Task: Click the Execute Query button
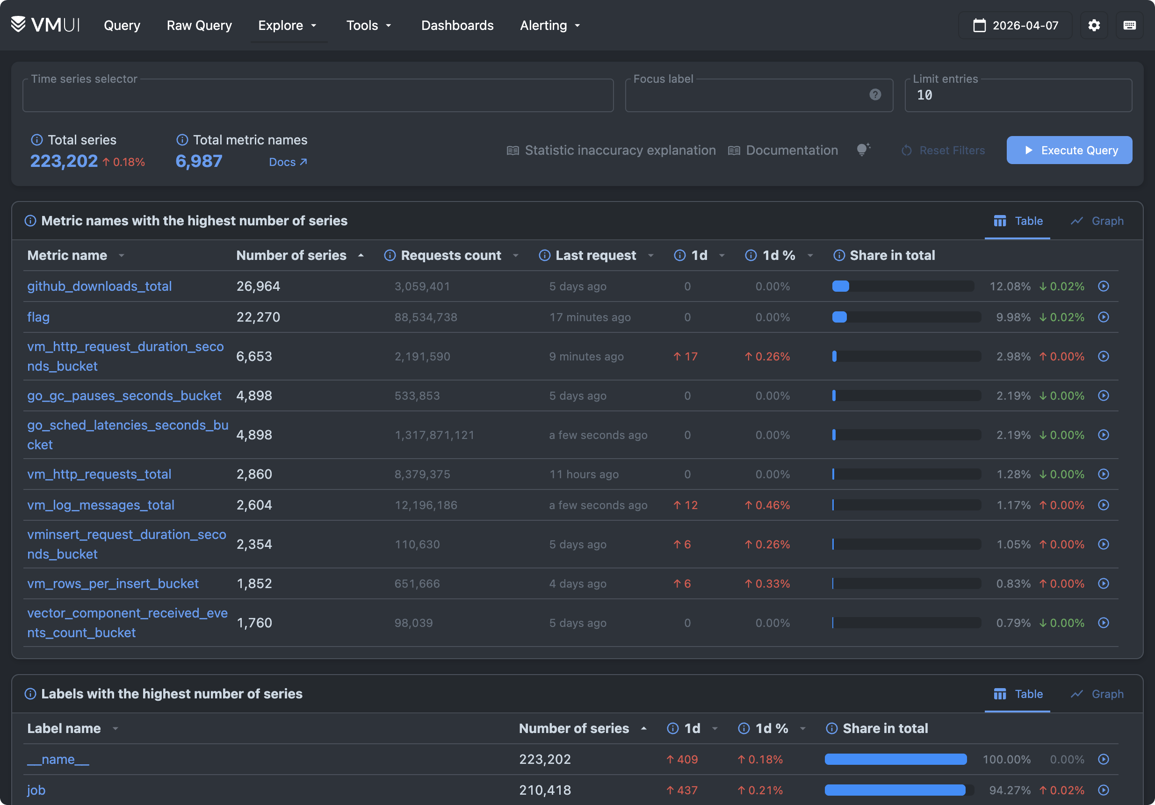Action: click(1069, 151)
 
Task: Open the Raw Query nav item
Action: click(199, 25)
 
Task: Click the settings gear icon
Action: click(1094, 25)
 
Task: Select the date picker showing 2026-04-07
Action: click(1015, 25)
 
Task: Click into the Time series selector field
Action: click(318, 95)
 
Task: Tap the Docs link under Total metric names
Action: click(287, 162)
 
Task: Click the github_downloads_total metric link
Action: click(99, 286)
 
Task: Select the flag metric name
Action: click(38, 317)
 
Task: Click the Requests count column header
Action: click(450, 255)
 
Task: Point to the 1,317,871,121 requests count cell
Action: click(434, 435)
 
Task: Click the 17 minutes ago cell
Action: click(590, 317)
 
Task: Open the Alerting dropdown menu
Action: click(549, 25)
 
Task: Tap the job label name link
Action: click(36, 790)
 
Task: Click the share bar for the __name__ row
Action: click(895, 759)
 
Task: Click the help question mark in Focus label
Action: click(875, 94)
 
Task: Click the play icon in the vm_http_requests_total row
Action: click(1103, 474)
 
